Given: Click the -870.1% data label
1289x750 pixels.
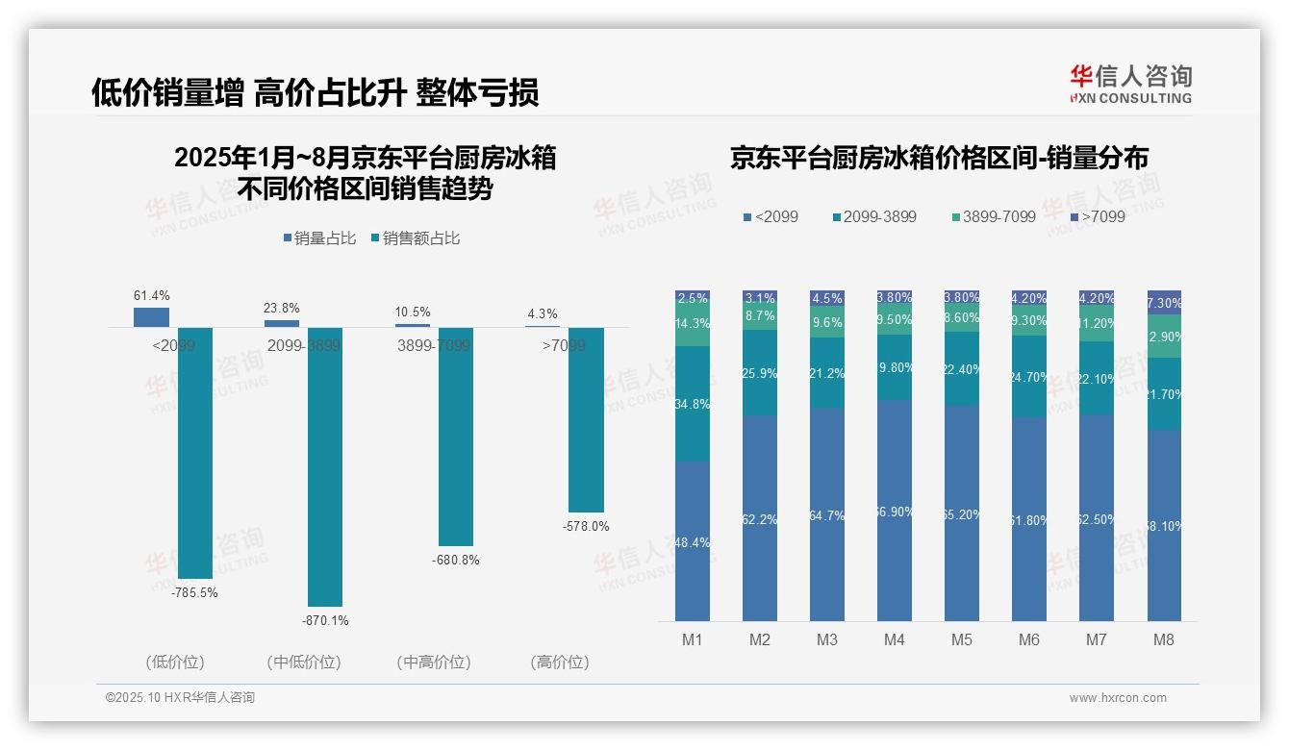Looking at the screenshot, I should point(325,621).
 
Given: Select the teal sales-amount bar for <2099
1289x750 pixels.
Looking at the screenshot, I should point(195,452).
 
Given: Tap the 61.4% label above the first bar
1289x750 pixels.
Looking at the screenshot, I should point(151,296).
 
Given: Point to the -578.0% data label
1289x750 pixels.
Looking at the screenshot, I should point(586,527).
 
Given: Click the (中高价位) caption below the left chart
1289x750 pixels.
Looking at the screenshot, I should point(433,662).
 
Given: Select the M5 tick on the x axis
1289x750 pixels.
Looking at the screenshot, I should point(962,639).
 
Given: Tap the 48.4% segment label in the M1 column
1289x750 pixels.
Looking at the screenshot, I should point(693,542).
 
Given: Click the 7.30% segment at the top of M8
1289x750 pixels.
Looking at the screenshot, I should point(1164,302).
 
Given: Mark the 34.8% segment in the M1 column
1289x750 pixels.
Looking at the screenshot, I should point(693,405).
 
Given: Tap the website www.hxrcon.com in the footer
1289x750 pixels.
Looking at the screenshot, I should point(1118,698).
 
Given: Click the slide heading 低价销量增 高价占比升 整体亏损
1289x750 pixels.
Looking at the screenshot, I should point(315,92).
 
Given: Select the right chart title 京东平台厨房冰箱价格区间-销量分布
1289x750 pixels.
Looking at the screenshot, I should point(939,159).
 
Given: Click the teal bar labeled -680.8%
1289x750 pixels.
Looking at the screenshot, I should point(456,437).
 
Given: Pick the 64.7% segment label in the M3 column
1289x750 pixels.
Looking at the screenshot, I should point(827,516).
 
